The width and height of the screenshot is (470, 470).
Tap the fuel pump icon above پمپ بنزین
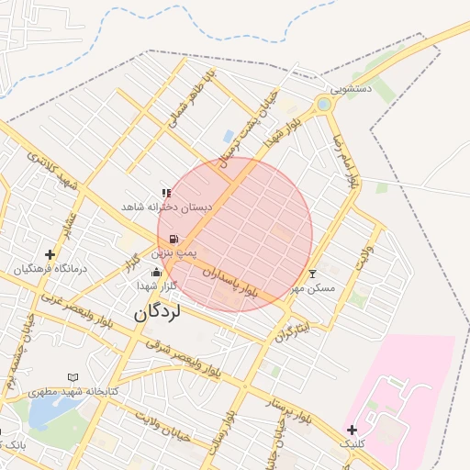(174, 239)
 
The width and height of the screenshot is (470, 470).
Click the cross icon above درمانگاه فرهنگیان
(50, 254)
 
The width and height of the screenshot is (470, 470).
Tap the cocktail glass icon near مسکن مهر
(312, 274)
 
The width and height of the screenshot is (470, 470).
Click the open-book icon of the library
(73, 377)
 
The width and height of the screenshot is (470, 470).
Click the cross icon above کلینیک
(352, 429)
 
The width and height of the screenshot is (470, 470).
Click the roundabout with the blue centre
(323, 105)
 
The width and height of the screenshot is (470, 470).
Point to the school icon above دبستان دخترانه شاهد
(166, 193)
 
